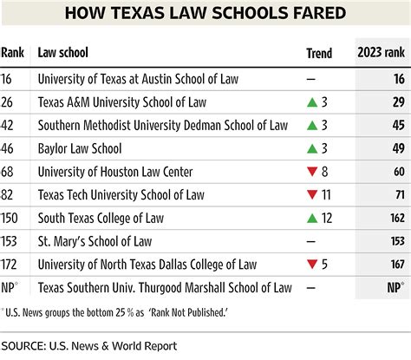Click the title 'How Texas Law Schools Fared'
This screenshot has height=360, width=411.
click(205, 15)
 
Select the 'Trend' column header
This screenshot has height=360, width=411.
click(319, 54)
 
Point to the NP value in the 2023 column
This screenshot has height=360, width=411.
click(394, 286)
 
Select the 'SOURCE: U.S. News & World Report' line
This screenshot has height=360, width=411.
click(96, 345)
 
